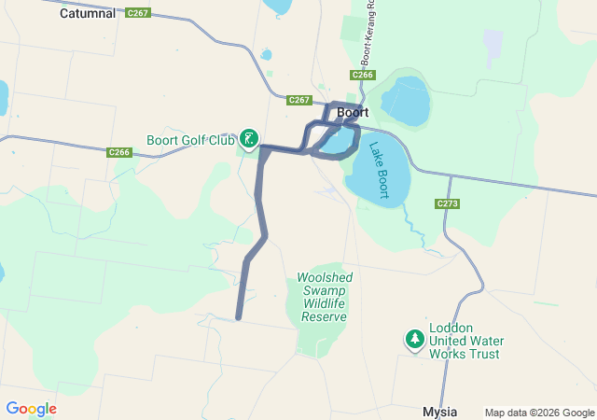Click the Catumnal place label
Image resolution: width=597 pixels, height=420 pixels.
click(x=87, y=14)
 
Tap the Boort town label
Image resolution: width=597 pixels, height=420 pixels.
click(x=353, y=112)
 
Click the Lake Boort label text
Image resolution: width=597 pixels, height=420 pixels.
click(x=378, y=169)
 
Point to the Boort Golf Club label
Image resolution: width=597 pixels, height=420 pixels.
click(x=190, y=141)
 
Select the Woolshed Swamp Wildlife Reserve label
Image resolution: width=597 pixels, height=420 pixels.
click(x=323, y=297)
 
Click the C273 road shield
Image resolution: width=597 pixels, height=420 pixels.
click(x=448, y=203)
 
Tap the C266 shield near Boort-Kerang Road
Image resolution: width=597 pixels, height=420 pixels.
click(x=363, y=75)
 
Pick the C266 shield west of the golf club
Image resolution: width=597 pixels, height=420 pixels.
click(x=119, y=152)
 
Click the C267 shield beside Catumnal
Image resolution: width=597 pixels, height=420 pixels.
click(x=137, y=13)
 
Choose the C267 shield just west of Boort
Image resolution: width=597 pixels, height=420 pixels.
click(x=299, y=100)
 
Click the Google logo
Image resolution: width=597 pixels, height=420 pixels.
click(x=31, y=409)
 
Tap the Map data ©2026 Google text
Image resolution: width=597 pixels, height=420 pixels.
click(x=538, y=413)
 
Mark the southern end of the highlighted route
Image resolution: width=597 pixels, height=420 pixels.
click(x=239, y=317)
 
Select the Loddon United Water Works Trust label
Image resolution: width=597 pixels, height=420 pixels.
click(x=464, y=341)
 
